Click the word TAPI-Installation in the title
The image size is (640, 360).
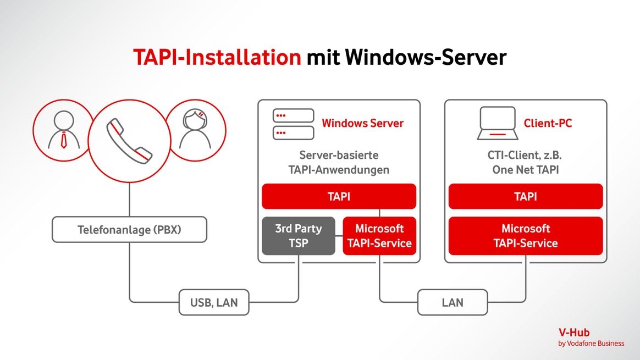tap(217, 57)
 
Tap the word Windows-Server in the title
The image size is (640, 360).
tap(426, 57)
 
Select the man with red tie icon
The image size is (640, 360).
tap(64, 130)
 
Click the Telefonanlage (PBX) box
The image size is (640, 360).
tap(129, 230)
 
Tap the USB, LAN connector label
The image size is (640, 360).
tap(214, 302)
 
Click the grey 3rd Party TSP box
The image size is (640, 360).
tap(298, 236)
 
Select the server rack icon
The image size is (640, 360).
tap(294, 124)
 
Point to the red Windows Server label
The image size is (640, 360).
tap(362, 123)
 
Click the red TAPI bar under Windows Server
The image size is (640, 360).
tap(339, 197)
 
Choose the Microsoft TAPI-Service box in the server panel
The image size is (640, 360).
tap(379, 236)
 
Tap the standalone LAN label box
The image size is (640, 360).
tap(452, 302)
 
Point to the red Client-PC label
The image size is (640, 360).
tap(548, 123)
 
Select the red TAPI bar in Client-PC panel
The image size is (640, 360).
tap(526, 197)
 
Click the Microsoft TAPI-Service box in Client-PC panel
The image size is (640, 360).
tap(526, 236)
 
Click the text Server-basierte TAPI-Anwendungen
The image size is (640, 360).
tap(339, 162)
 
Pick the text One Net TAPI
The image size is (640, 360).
tap(526, 170)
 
